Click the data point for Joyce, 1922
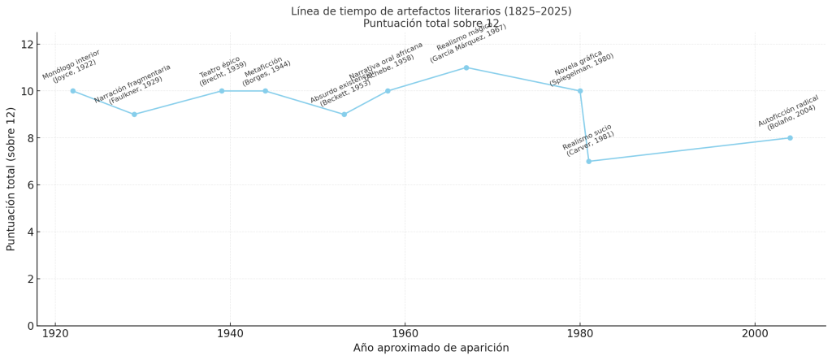click(73, 91)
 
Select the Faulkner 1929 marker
click(134, 115)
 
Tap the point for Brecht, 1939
click(222, 91)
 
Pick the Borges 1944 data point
click(265, 91)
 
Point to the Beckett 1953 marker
click(344, 115)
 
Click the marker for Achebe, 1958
click(388, 91)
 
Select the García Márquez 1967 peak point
click(466, 67)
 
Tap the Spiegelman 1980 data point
click(580, 91)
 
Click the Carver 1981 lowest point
click(589, 161)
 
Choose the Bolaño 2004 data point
click(790, 138)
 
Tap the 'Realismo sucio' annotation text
click(587, 137)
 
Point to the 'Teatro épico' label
click(219, 66)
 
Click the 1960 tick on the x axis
click(405, 334)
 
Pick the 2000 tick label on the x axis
click(755, 334)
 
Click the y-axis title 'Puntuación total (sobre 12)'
click(11, 179)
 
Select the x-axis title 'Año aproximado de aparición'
click(431, 348)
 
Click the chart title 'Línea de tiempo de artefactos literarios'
click(431, 11)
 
